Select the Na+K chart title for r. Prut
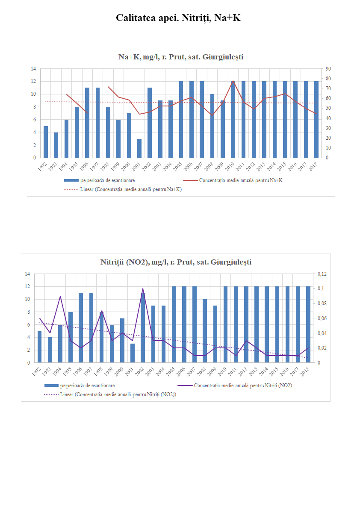[181, 57]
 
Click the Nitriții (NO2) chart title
[176, 262]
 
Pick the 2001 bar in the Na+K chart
[139, 148]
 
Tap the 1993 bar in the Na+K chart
[56, 145]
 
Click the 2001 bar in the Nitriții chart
[133, 353]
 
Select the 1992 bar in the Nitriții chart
[40, 347]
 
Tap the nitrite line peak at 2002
[143, 289]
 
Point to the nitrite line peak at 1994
[60, 296]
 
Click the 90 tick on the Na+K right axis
[328, 69]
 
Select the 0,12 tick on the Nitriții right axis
[321, 274]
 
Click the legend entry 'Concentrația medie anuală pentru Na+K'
[241, 181]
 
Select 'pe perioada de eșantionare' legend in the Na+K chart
[107, 181]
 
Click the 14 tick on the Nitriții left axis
[27, 274]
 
